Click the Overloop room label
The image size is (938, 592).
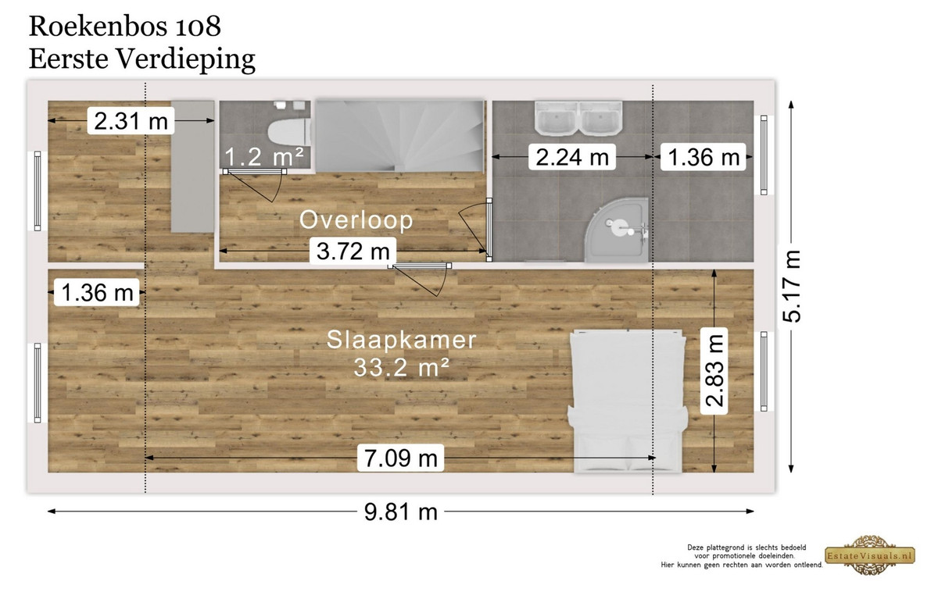pos(356,219)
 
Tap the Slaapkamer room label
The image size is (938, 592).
pos(401,339)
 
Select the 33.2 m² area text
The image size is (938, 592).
pos(401,367)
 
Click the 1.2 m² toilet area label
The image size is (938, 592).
pos(264,156)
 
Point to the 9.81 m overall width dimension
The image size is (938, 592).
pos(401,512)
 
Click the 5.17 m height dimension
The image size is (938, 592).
pos(791,286)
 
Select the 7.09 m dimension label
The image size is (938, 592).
pos(401,458)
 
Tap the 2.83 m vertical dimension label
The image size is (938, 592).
pos(714,371)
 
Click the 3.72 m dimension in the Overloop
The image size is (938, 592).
pos(353,251)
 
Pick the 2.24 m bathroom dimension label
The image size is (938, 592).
pos(572,157)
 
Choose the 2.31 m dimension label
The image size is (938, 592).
pos(131,121)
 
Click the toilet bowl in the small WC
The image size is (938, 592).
pos(289,130)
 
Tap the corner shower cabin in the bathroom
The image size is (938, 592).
pos(618,230)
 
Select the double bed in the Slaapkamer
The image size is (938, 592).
pos(626,401)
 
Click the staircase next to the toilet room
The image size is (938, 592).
pos(400,136)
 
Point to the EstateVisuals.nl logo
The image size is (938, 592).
pos(870,555)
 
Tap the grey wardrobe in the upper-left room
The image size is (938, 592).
pos(192,166)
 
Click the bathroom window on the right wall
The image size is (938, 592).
pos(764,155)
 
